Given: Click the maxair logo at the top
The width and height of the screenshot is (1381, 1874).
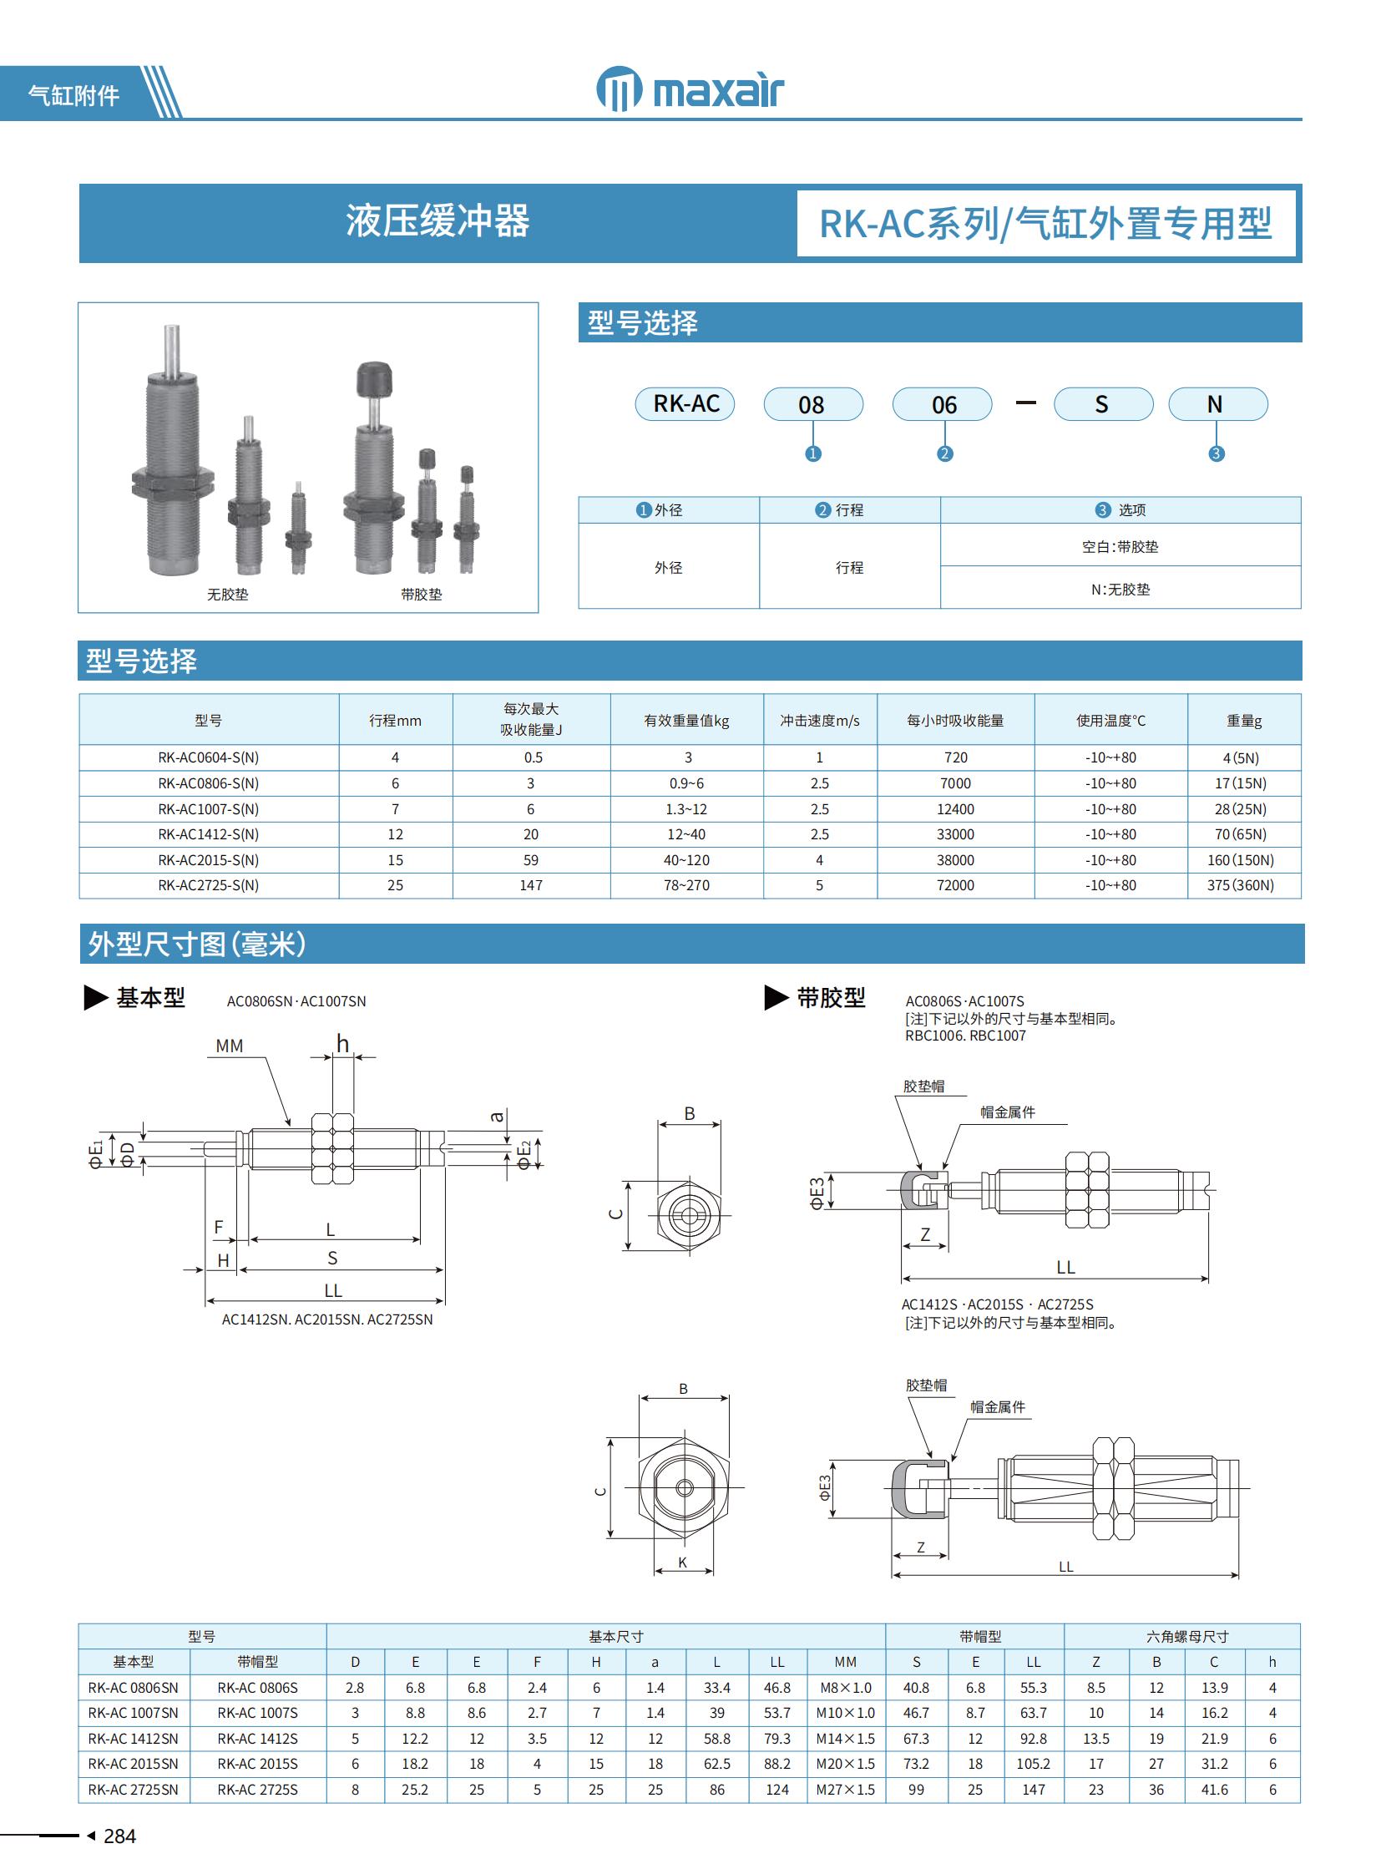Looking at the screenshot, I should click(690, 89).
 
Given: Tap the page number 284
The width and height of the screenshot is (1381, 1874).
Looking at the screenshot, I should click(119, 1836).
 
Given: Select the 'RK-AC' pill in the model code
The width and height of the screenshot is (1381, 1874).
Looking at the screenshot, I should click(685, 404).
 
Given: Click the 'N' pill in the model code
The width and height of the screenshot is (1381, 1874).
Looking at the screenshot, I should click(1217, 404).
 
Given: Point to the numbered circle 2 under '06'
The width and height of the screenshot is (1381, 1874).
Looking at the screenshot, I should click(944, 453).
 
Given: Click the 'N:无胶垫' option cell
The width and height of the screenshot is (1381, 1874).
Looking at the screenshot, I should click(1120, 589).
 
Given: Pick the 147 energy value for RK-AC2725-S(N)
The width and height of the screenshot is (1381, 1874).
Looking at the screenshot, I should click(531, 884).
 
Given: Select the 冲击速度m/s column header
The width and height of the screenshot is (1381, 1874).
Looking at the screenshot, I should click(819, 720).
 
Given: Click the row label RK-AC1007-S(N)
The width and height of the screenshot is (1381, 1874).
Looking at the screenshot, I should click(208, 808).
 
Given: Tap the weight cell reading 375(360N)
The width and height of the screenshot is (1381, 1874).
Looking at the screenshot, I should click(1241, 884).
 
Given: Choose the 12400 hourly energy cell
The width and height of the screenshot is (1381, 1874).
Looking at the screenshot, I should click(954, 808).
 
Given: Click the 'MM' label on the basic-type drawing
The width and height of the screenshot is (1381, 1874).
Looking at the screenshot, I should click(229, 1046).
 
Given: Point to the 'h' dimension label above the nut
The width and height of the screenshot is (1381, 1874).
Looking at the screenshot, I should click(342, 1043).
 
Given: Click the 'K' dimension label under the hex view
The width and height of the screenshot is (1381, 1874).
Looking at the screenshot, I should click(683, 1563).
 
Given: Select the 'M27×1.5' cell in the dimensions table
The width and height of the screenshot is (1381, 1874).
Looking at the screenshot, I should click(845, 1790).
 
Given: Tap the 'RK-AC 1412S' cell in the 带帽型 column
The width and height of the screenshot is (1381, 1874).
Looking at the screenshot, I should click(257, 1739).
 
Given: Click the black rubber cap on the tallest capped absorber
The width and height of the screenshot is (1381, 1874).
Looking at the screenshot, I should click(374, 379).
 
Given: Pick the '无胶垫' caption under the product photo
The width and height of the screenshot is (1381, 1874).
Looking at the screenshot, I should click(227, 595).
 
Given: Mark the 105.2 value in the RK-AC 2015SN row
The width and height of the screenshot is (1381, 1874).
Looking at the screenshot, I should click(1033, 1764).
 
